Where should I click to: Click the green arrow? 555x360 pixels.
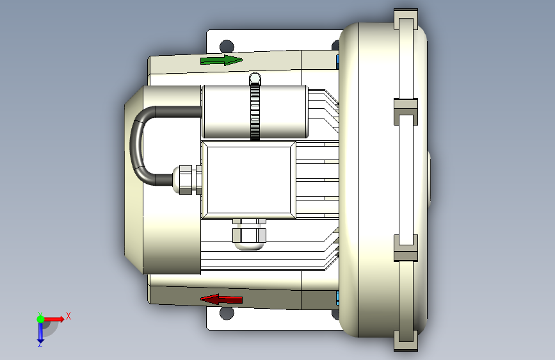(221, 60)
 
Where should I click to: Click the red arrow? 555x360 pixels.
(221, 299)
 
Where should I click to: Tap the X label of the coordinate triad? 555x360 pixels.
(68, 316)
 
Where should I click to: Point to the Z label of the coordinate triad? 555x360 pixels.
(40, 344)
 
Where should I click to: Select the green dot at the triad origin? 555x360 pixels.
(40, 319)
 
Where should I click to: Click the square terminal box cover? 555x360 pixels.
(248, 179)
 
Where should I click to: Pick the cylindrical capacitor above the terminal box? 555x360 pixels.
(255, 111)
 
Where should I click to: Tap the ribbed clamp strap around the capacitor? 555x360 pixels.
(255, 106)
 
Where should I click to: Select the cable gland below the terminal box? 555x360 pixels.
(249, 234)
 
